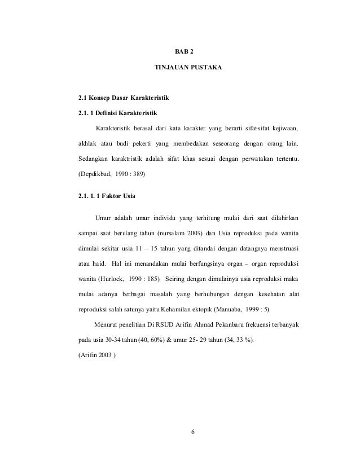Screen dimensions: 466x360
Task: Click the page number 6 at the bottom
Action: tap(192, 433)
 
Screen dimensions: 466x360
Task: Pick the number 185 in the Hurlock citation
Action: tap(151, 278)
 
